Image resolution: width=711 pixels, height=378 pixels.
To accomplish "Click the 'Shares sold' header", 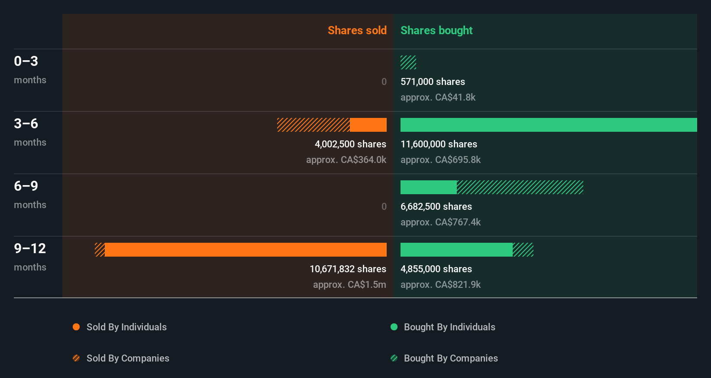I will click(357, 30).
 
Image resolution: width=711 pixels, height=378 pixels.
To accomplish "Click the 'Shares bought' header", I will click(436, 30).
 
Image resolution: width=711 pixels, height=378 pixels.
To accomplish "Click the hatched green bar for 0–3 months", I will click(408, 62).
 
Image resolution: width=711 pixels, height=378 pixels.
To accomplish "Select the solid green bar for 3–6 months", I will click(549, 125).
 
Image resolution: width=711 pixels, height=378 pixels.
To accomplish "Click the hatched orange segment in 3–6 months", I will click(313, 125).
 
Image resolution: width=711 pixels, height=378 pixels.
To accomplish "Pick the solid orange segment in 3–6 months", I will click(368, 125).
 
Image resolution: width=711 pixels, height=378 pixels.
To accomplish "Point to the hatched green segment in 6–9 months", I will click(520, 187).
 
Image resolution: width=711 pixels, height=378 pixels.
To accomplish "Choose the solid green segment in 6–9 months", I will click(428, 187).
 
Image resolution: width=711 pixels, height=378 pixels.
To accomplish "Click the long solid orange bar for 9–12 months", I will click(246, 250).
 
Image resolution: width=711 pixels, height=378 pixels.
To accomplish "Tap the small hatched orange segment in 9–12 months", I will click(100, 250).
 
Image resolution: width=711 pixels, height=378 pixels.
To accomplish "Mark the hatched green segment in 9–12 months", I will click(523, 250).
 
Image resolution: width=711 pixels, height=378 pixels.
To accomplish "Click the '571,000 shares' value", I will click(433, 81).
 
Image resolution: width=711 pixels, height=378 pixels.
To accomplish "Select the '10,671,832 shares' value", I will click(348, 269).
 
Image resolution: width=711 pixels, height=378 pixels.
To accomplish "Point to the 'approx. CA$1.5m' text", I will click(349, 284).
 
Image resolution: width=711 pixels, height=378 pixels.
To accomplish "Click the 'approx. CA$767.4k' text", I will click(440, 222).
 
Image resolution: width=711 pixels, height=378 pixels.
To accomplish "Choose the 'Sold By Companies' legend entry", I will click(128, 358).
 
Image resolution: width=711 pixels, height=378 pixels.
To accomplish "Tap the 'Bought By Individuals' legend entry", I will click(449, 327).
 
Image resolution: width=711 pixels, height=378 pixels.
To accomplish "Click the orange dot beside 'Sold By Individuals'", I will click(76, 327).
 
